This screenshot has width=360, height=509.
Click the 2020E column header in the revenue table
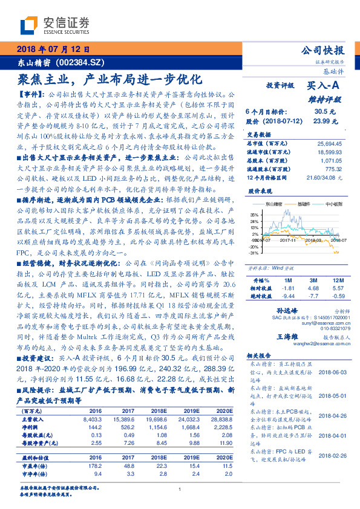(x=223, y=410)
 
